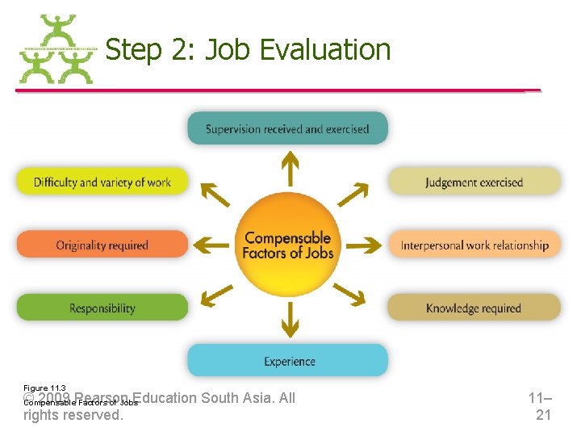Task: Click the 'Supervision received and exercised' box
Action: point(287,128)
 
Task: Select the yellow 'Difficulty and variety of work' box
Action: point(102,182)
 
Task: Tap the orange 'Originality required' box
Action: point(102,245)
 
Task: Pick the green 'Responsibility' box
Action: point(102,308)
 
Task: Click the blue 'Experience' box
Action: point(287,361)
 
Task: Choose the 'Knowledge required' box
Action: point(474,308)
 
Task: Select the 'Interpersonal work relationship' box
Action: point(474,245)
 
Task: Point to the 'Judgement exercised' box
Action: point(474,182)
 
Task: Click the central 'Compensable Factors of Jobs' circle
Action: point(288,245)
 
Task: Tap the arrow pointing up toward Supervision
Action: point(288,169)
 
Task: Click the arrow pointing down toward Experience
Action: point(288,321)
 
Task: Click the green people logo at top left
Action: point(56,49)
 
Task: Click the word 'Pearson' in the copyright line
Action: point(102,398)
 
